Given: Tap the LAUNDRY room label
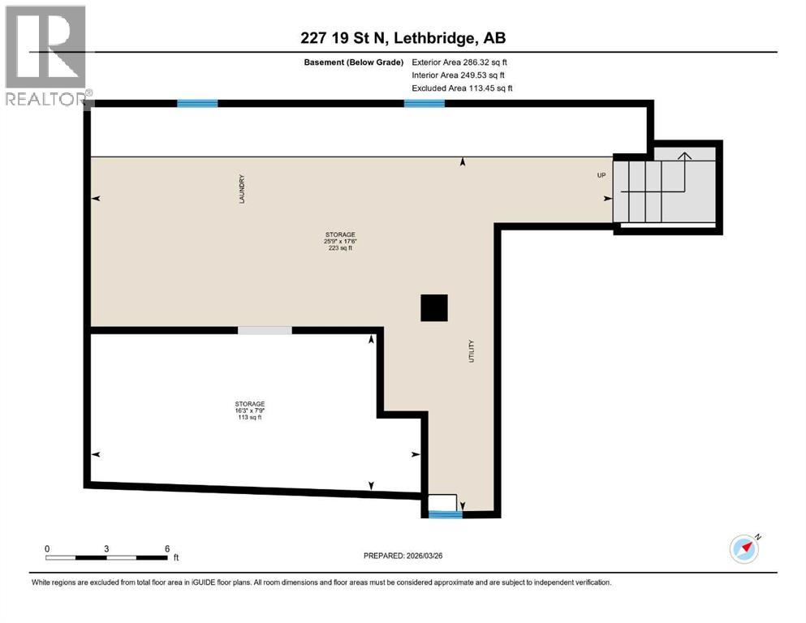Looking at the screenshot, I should (242, 189).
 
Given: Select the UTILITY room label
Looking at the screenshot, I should (470, 351).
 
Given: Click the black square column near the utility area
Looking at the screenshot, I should (433, 308).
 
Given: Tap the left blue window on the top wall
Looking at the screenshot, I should (197, 103).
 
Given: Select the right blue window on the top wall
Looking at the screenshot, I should (425, 103).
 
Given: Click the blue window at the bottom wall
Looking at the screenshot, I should (445, 514).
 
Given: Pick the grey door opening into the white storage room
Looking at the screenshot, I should (265, 330).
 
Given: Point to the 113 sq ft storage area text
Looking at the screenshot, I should (250, 418).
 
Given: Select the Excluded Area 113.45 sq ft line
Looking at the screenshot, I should (462, 88).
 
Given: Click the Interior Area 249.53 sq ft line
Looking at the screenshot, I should (459, 75).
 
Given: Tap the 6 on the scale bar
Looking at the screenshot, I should (166, 548).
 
